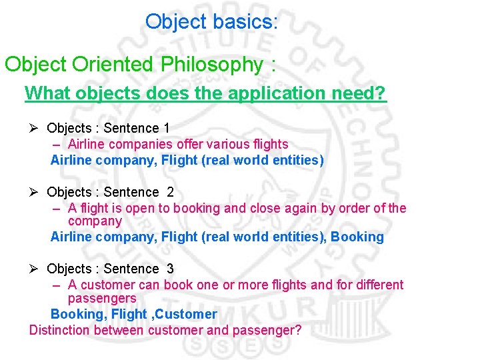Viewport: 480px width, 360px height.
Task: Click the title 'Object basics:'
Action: point(211,22)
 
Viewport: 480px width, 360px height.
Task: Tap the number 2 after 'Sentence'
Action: point(170,192)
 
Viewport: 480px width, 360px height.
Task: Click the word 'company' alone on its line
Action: point(95,221)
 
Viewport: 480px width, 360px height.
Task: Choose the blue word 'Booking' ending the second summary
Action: point(357,237)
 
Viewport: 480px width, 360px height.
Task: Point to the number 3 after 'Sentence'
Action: point(170,269)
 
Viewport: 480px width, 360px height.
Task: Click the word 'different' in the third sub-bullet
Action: point(377,285)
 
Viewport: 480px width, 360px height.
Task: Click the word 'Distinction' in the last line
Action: point(60,330)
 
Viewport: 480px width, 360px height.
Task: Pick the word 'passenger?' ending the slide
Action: point(270,330)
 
